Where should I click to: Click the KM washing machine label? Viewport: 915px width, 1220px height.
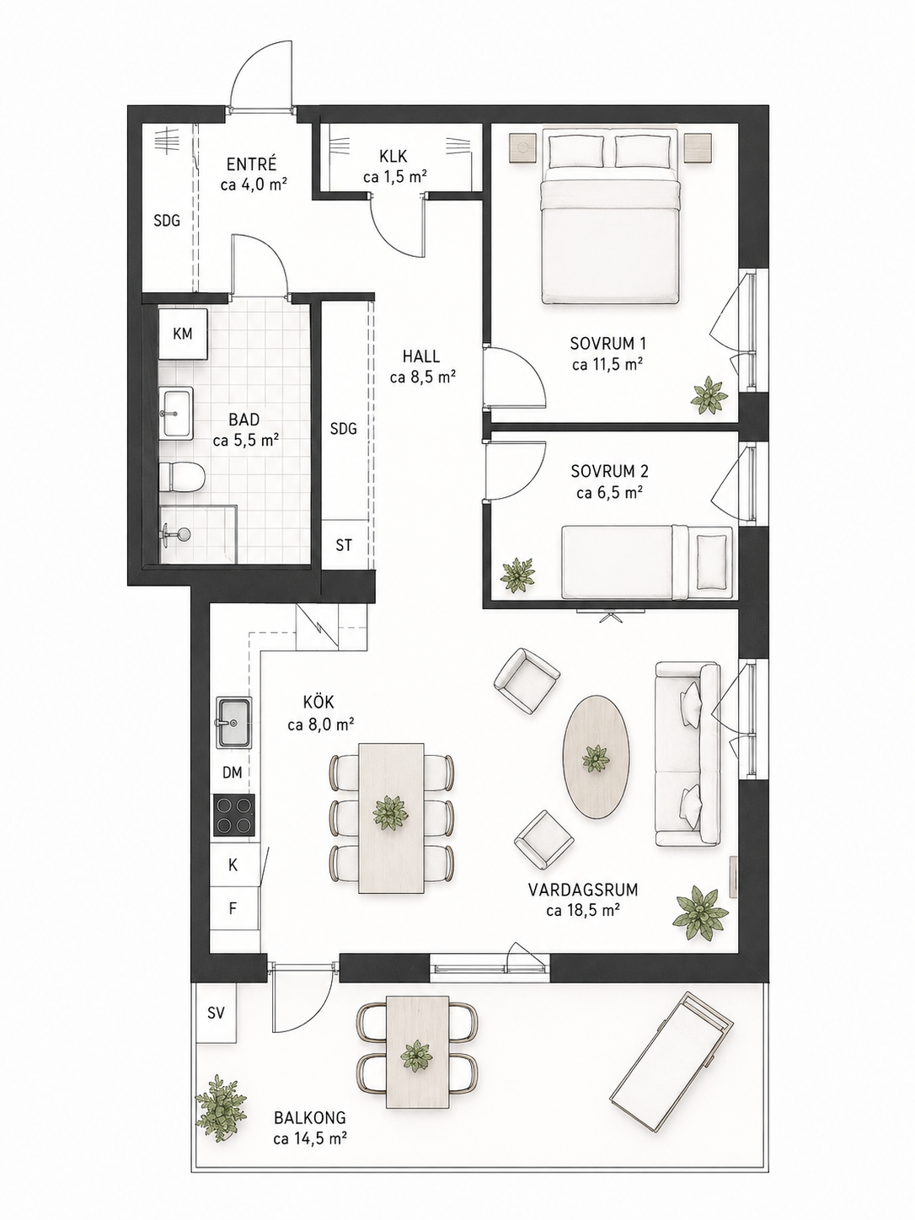pyautogui.click(x=182, y=334)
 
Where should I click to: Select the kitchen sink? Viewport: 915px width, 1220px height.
pyautogui.click(x=233, y=722)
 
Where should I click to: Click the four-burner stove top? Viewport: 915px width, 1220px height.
pyautogui.click(x=234, y=815)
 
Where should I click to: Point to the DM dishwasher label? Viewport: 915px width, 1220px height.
pyautogui.click(x=233, y=772)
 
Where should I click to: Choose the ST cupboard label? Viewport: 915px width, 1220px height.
pyautogui.click(x=344, y=545)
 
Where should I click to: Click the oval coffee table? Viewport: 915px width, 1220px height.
pyautogui.click(x=597, y=757)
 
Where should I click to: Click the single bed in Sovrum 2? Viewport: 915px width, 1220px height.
pyautogui.click(x=647, y=563)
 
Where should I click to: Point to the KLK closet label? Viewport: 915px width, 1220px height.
pyautogui.click(x=394, y=156)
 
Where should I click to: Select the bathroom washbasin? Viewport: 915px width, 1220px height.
pyautogui.click(x=177, y=413)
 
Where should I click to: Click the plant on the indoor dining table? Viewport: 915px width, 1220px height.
pyautogui.click(x=391, y=812)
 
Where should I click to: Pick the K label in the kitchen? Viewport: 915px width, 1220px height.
pyautogui.click(x=233, y=864)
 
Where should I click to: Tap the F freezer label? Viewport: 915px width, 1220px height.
pyautogui.click(x=233, y=908)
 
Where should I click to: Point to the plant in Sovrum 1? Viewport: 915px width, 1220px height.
pyautogui.click(x=709, y=395)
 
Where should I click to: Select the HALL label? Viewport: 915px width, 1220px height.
pyautogui.click(x=421, y=356)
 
